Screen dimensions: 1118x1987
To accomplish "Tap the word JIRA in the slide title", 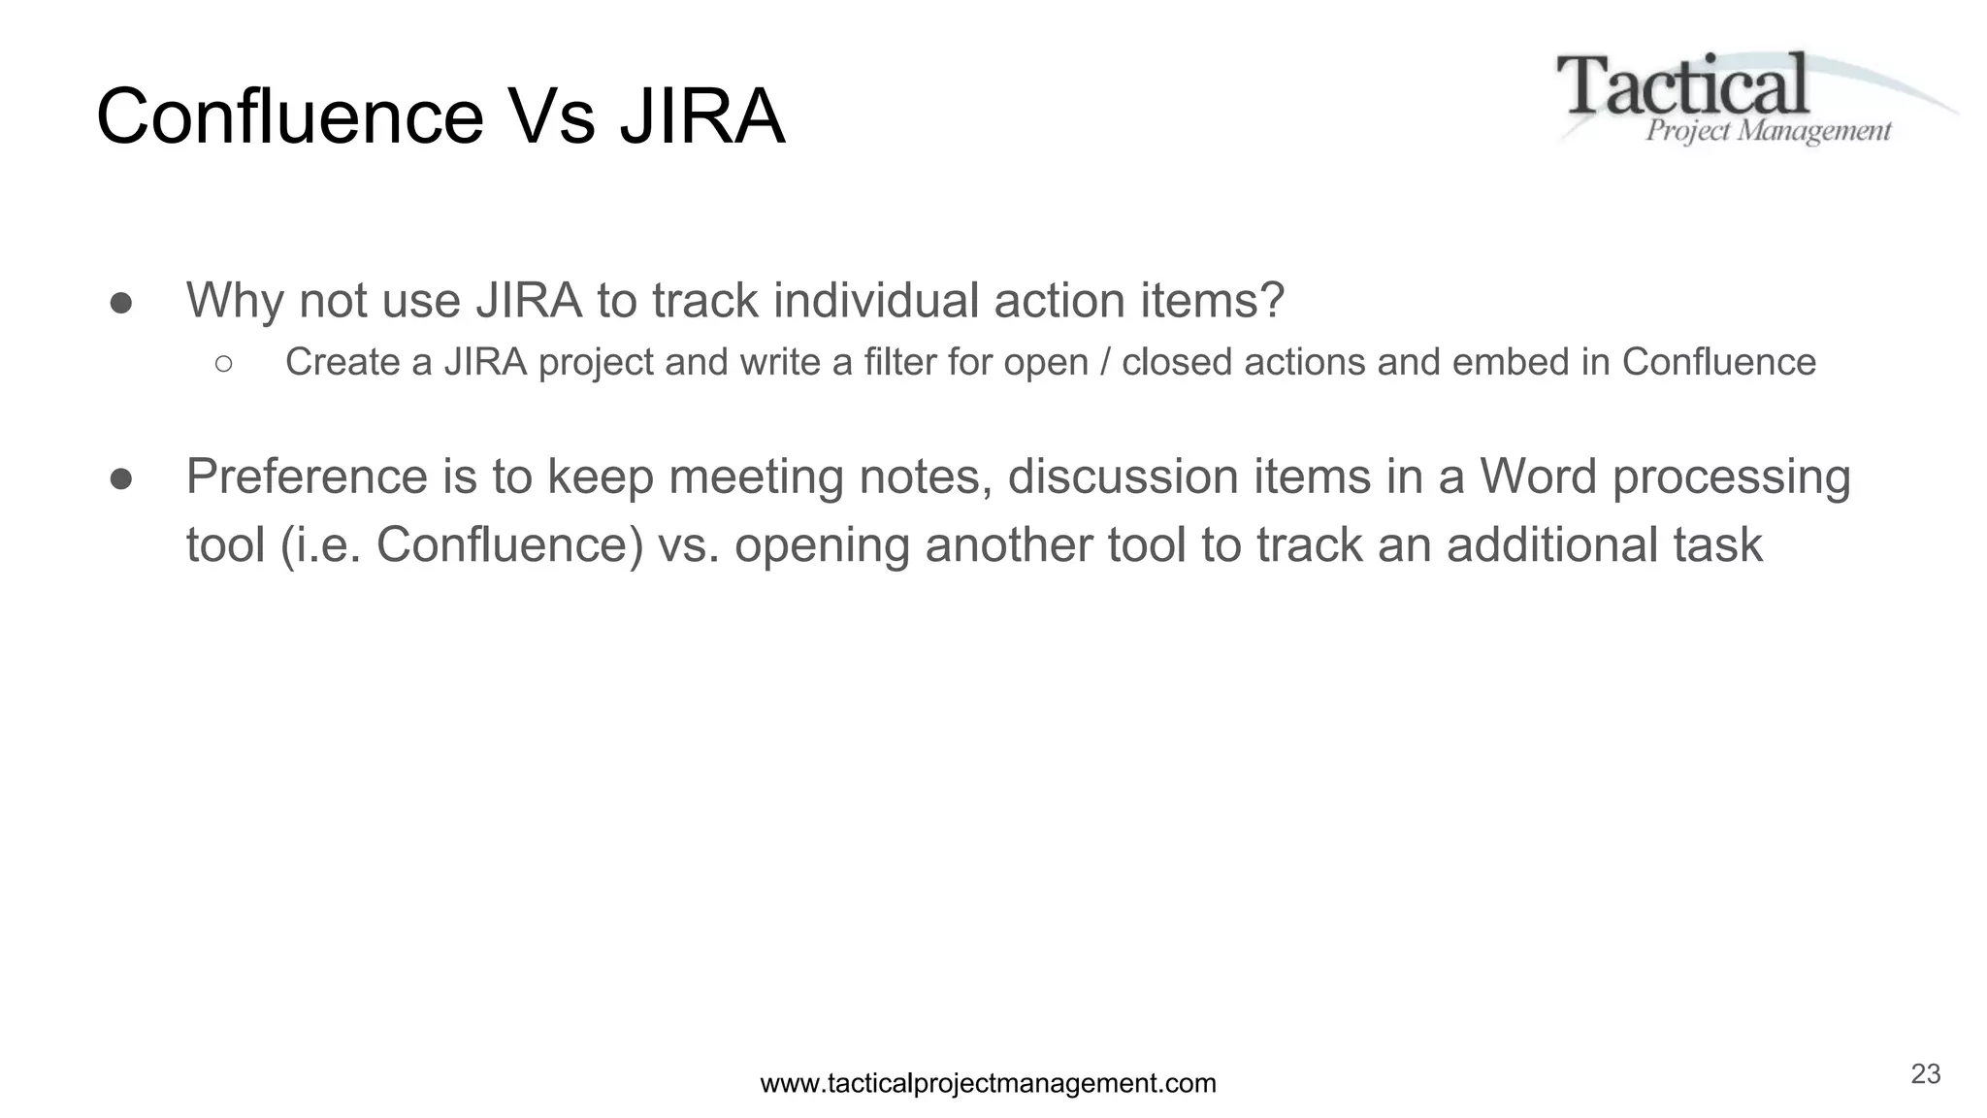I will click(701, 117).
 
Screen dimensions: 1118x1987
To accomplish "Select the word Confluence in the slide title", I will click(289, 117).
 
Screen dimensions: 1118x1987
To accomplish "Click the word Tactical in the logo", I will click(1682, 85).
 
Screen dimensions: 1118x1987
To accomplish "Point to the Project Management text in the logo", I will click(1768, 131).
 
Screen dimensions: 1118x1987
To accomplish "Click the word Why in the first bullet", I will click(235, 300).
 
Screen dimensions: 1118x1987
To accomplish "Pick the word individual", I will click(876, 300).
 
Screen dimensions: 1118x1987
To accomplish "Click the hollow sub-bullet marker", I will click(223, 363).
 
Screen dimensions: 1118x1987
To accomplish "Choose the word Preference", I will click(307, 477).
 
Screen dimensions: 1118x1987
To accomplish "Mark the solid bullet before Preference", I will click(121, 478).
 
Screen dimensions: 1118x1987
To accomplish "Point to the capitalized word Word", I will click(1538, 477).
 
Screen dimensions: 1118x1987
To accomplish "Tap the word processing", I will click(1731, 478).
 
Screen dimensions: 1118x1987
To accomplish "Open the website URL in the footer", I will click(988, 1083).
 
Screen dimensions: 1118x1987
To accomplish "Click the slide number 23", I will click(1925, 1074).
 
